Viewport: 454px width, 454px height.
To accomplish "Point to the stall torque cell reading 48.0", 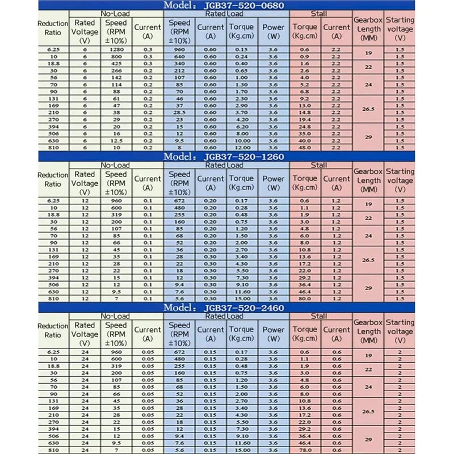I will tap(305, 148).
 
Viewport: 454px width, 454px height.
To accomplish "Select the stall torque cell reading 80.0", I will tap(305, 299).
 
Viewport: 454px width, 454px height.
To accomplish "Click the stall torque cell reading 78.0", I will tap(305, 450).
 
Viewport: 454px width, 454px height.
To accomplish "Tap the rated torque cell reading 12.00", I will tap(242, 148).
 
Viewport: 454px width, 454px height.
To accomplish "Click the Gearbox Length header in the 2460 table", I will tap(368, 331).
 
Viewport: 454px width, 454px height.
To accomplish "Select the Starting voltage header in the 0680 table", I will tap(400, 28).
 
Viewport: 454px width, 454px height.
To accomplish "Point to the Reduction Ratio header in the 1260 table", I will tap(53, 179).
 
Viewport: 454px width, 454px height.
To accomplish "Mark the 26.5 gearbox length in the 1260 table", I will tap(368, 260).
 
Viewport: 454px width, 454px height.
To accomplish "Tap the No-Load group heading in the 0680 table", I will tap(116, 13).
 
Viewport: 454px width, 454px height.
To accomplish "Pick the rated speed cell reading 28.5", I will tap(179, 113).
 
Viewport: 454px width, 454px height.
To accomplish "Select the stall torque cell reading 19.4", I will tap(305, 120).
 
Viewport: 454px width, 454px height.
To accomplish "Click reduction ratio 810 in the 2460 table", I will tap(53, 450).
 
